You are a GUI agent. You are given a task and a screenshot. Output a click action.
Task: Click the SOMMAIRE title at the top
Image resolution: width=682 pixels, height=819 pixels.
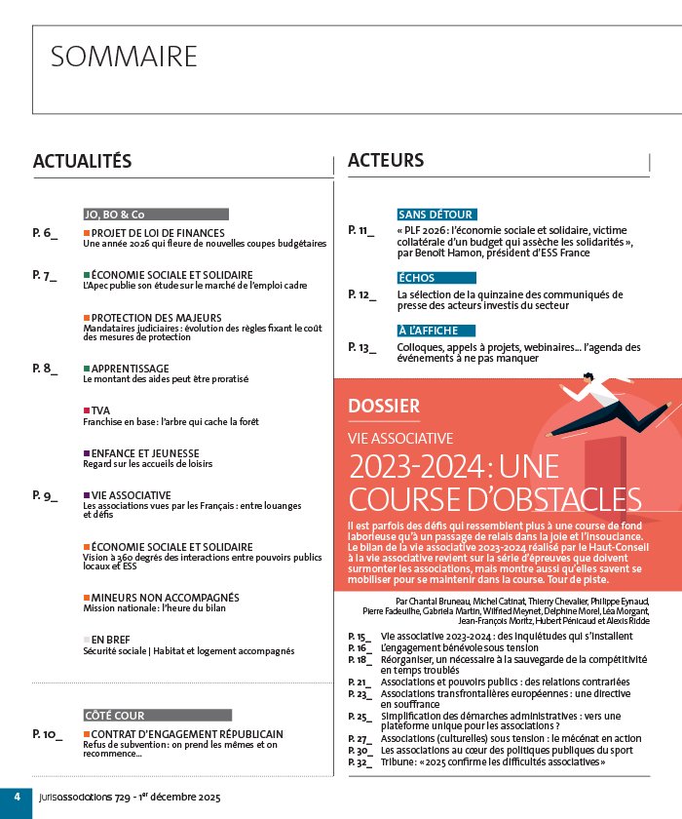coord(124,57)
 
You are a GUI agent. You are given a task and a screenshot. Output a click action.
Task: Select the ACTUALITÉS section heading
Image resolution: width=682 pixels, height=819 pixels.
coord(82,161)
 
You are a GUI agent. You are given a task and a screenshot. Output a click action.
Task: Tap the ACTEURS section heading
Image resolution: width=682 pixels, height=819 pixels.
coord(386,160)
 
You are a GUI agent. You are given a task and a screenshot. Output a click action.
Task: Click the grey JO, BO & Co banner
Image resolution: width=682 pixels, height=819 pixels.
coord(156,214)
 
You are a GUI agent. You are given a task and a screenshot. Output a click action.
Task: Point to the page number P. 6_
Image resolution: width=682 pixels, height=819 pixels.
coord(45,233)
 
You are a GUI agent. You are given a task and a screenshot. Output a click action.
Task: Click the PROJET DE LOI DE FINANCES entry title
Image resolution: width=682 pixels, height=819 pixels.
coord(158,233)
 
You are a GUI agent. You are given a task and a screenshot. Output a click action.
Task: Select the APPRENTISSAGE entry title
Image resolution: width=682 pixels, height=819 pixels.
coord(130,369)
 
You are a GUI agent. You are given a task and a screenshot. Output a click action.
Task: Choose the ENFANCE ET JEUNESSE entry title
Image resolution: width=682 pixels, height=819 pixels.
coord(145,453)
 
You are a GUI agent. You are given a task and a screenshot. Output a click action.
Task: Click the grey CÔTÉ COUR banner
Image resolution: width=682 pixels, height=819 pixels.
coord(157,715)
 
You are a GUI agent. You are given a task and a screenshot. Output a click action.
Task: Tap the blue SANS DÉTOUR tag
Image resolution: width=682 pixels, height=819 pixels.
coord(436,214)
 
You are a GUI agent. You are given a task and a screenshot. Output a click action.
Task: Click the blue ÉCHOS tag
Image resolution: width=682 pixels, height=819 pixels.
coord(416,278)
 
